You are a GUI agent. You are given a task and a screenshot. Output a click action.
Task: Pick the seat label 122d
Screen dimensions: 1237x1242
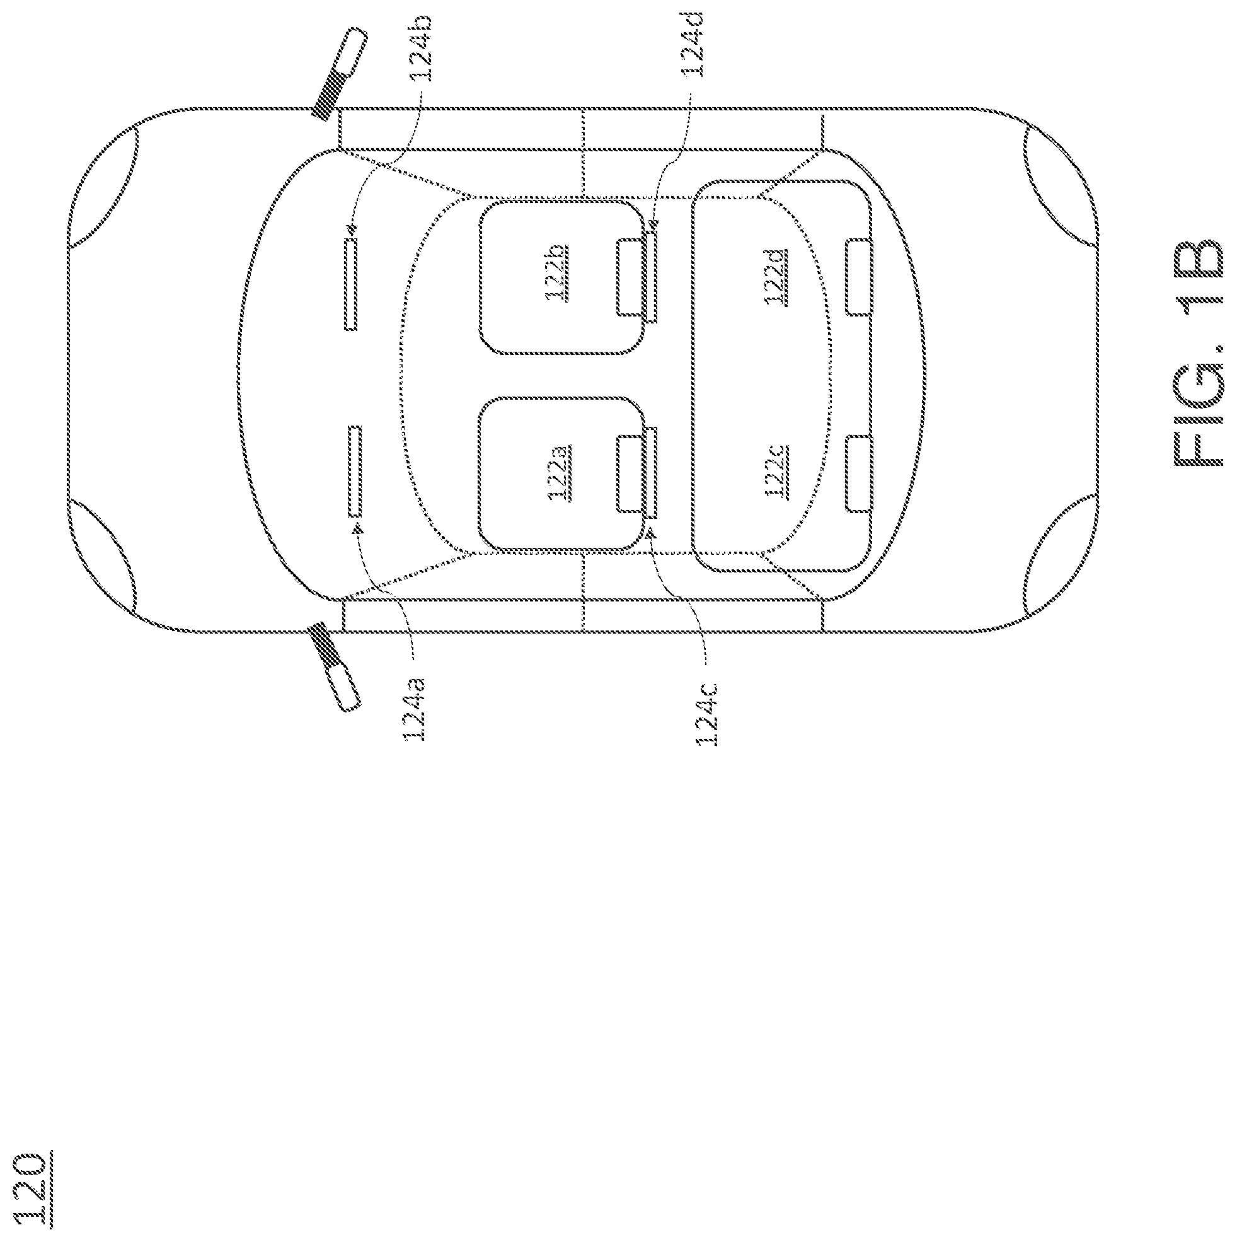click(x=776, y=276)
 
